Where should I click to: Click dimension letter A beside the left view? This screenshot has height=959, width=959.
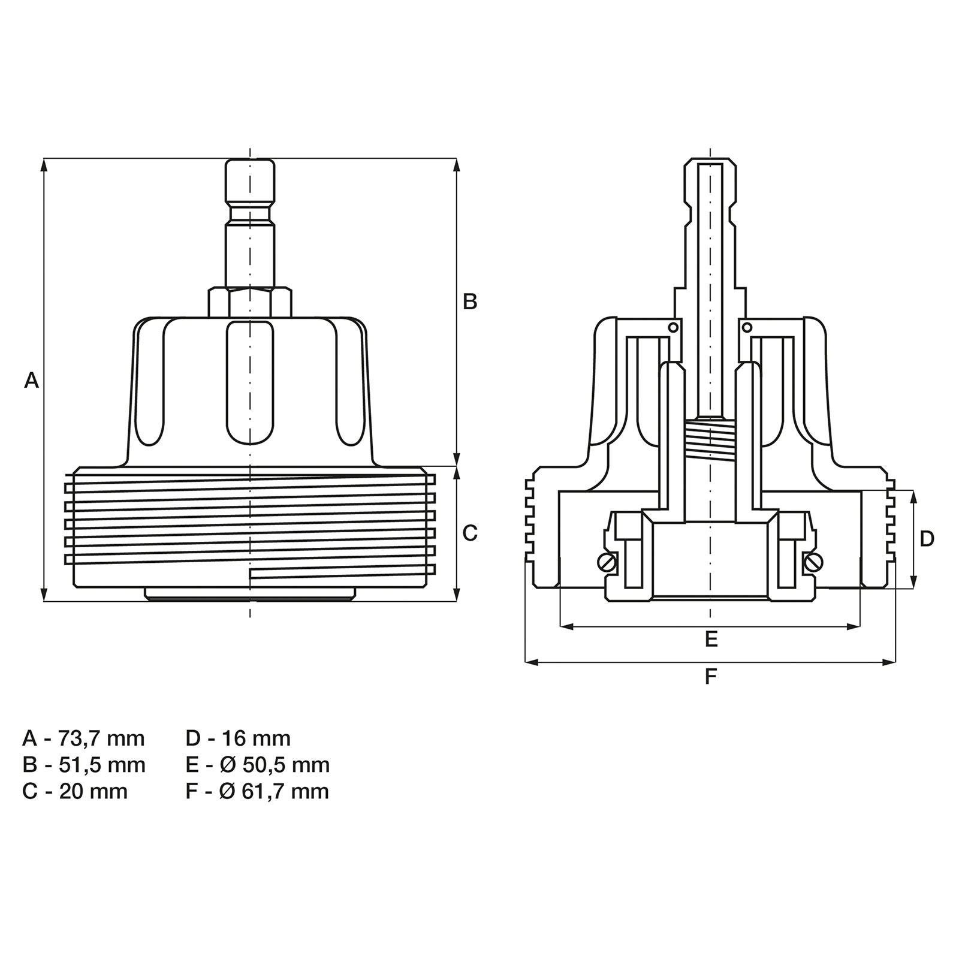(31, 380)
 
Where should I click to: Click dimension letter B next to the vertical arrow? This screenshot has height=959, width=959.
(470, 301)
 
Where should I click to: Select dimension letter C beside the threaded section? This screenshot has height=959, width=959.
(470, 533)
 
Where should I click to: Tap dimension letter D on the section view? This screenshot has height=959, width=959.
(927, 539)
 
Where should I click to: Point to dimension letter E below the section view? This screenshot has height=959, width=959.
(711, 639)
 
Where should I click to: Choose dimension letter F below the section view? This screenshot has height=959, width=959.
(711, 677)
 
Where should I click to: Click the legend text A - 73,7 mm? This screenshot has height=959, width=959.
(83, 738)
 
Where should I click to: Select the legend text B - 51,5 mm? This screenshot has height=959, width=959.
(83, 765)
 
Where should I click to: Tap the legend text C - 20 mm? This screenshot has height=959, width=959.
(75, 791)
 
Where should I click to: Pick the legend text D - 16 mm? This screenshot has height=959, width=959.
(238, 738)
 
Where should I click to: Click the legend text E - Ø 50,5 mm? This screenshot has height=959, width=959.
(257, 765)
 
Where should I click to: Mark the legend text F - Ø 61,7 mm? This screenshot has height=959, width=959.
(257, 791)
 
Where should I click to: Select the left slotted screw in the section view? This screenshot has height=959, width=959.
(607, 562)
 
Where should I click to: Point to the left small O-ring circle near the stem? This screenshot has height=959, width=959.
(673, 327)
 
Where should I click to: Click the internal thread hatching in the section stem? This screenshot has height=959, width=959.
(710, 437)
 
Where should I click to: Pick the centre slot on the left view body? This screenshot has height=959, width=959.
(250, 384)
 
